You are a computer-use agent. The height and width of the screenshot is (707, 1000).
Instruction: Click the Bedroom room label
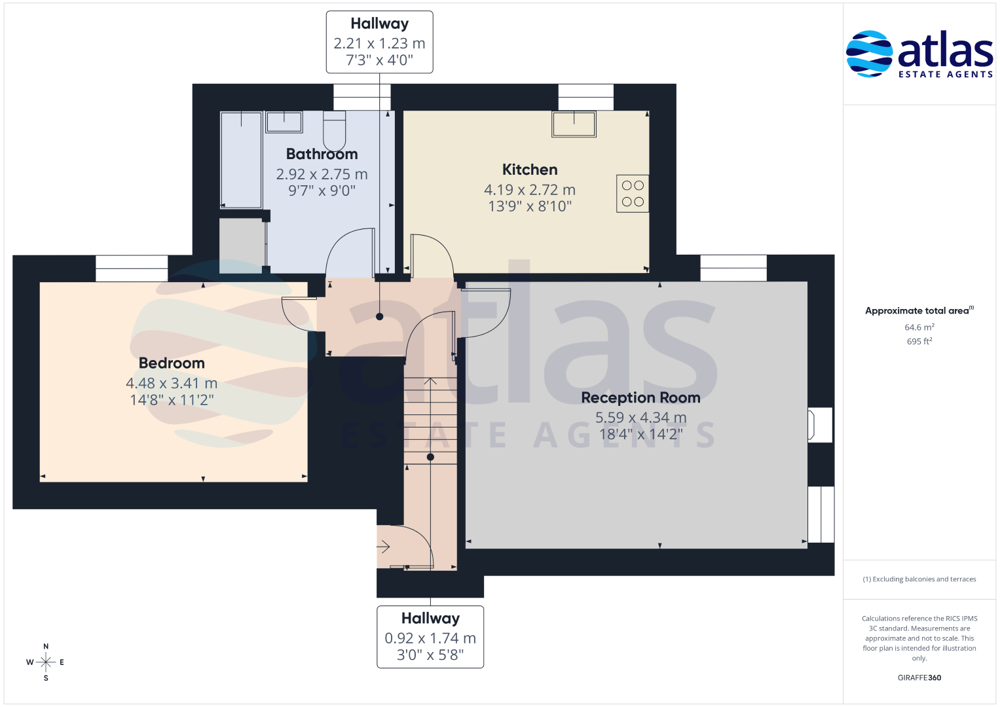172,363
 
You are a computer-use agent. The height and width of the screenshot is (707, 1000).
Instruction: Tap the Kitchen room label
530,170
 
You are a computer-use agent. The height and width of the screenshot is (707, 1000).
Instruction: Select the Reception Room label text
640,398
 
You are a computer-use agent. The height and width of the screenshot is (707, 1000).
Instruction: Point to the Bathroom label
322,154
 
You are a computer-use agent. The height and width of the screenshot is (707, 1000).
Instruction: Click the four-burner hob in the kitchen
633,193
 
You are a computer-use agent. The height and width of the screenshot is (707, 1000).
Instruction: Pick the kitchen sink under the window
574,124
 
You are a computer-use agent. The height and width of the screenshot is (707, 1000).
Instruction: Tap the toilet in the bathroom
335,131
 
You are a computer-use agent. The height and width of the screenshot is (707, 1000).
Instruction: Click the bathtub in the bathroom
241,160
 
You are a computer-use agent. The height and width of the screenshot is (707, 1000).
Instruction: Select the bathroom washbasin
284,122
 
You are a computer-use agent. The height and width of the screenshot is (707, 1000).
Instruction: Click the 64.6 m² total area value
919,327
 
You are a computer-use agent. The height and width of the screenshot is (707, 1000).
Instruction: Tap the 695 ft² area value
919,342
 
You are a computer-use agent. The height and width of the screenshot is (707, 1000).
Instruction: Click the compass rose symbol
46,662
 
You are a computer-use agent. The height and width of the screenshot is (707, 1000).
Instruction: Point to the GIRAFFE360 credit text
919,678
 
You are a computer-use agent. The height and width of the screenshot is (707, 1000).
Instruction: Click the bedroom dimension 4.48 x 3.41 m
172,383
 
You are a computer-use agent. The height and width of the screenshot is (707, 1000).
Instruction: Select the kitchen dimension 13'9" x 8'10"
530,206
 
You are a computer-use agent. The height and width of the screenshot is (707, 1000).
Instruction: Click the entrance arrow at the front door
384,547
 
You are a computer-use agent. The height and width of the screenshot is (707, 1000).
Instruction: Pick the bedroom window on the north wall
132,268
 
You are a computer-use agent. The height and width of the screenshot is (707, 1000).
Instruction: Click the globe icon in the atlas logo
869,54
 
